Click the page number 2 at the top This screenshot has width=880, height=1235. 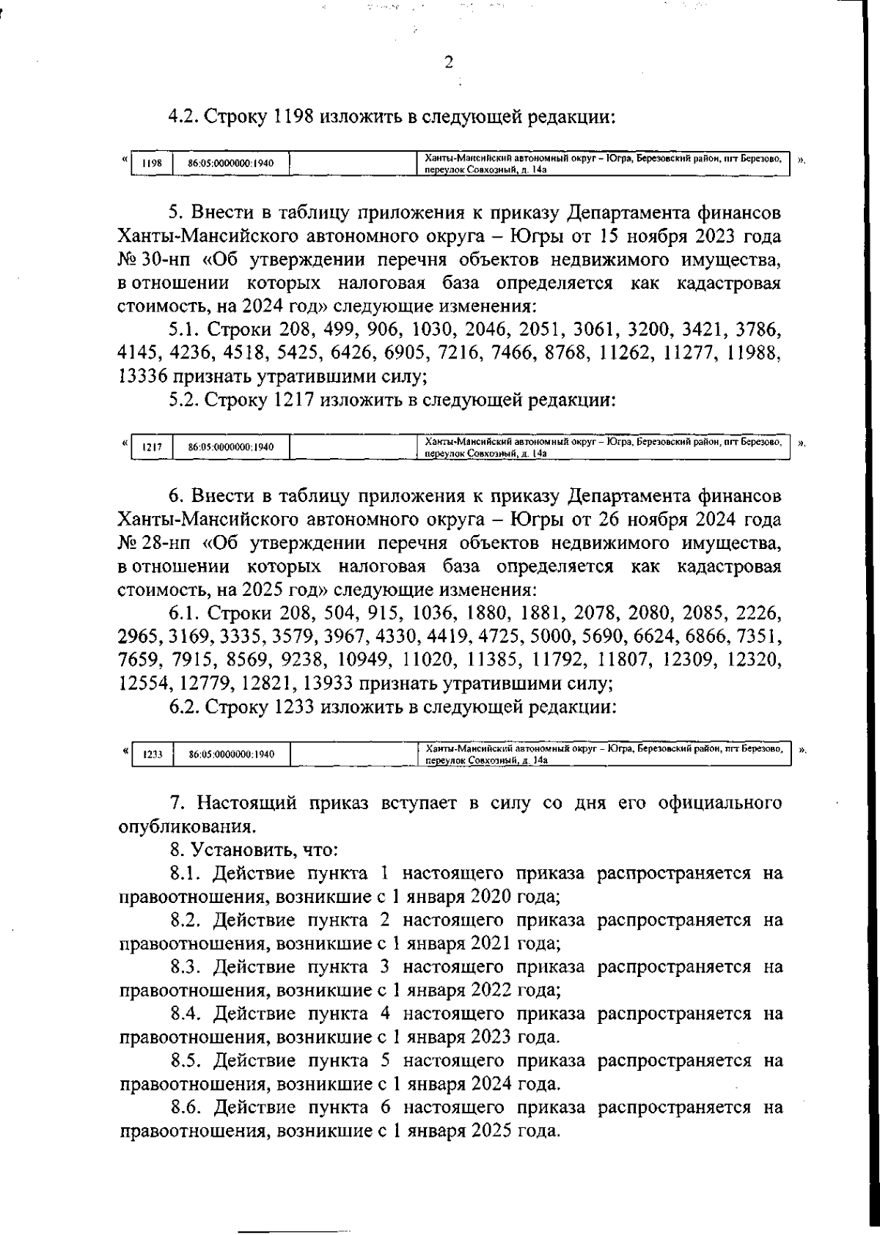coord(450,62)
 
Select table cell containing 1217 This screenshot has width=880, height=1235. coord(151,447)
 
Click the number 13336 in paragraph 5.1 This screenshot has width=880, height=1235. coord(143,377)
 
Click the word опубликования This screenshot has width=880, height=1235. coord(187,827)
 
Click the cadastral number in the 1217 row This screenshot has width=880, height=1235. coord(230,447)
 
